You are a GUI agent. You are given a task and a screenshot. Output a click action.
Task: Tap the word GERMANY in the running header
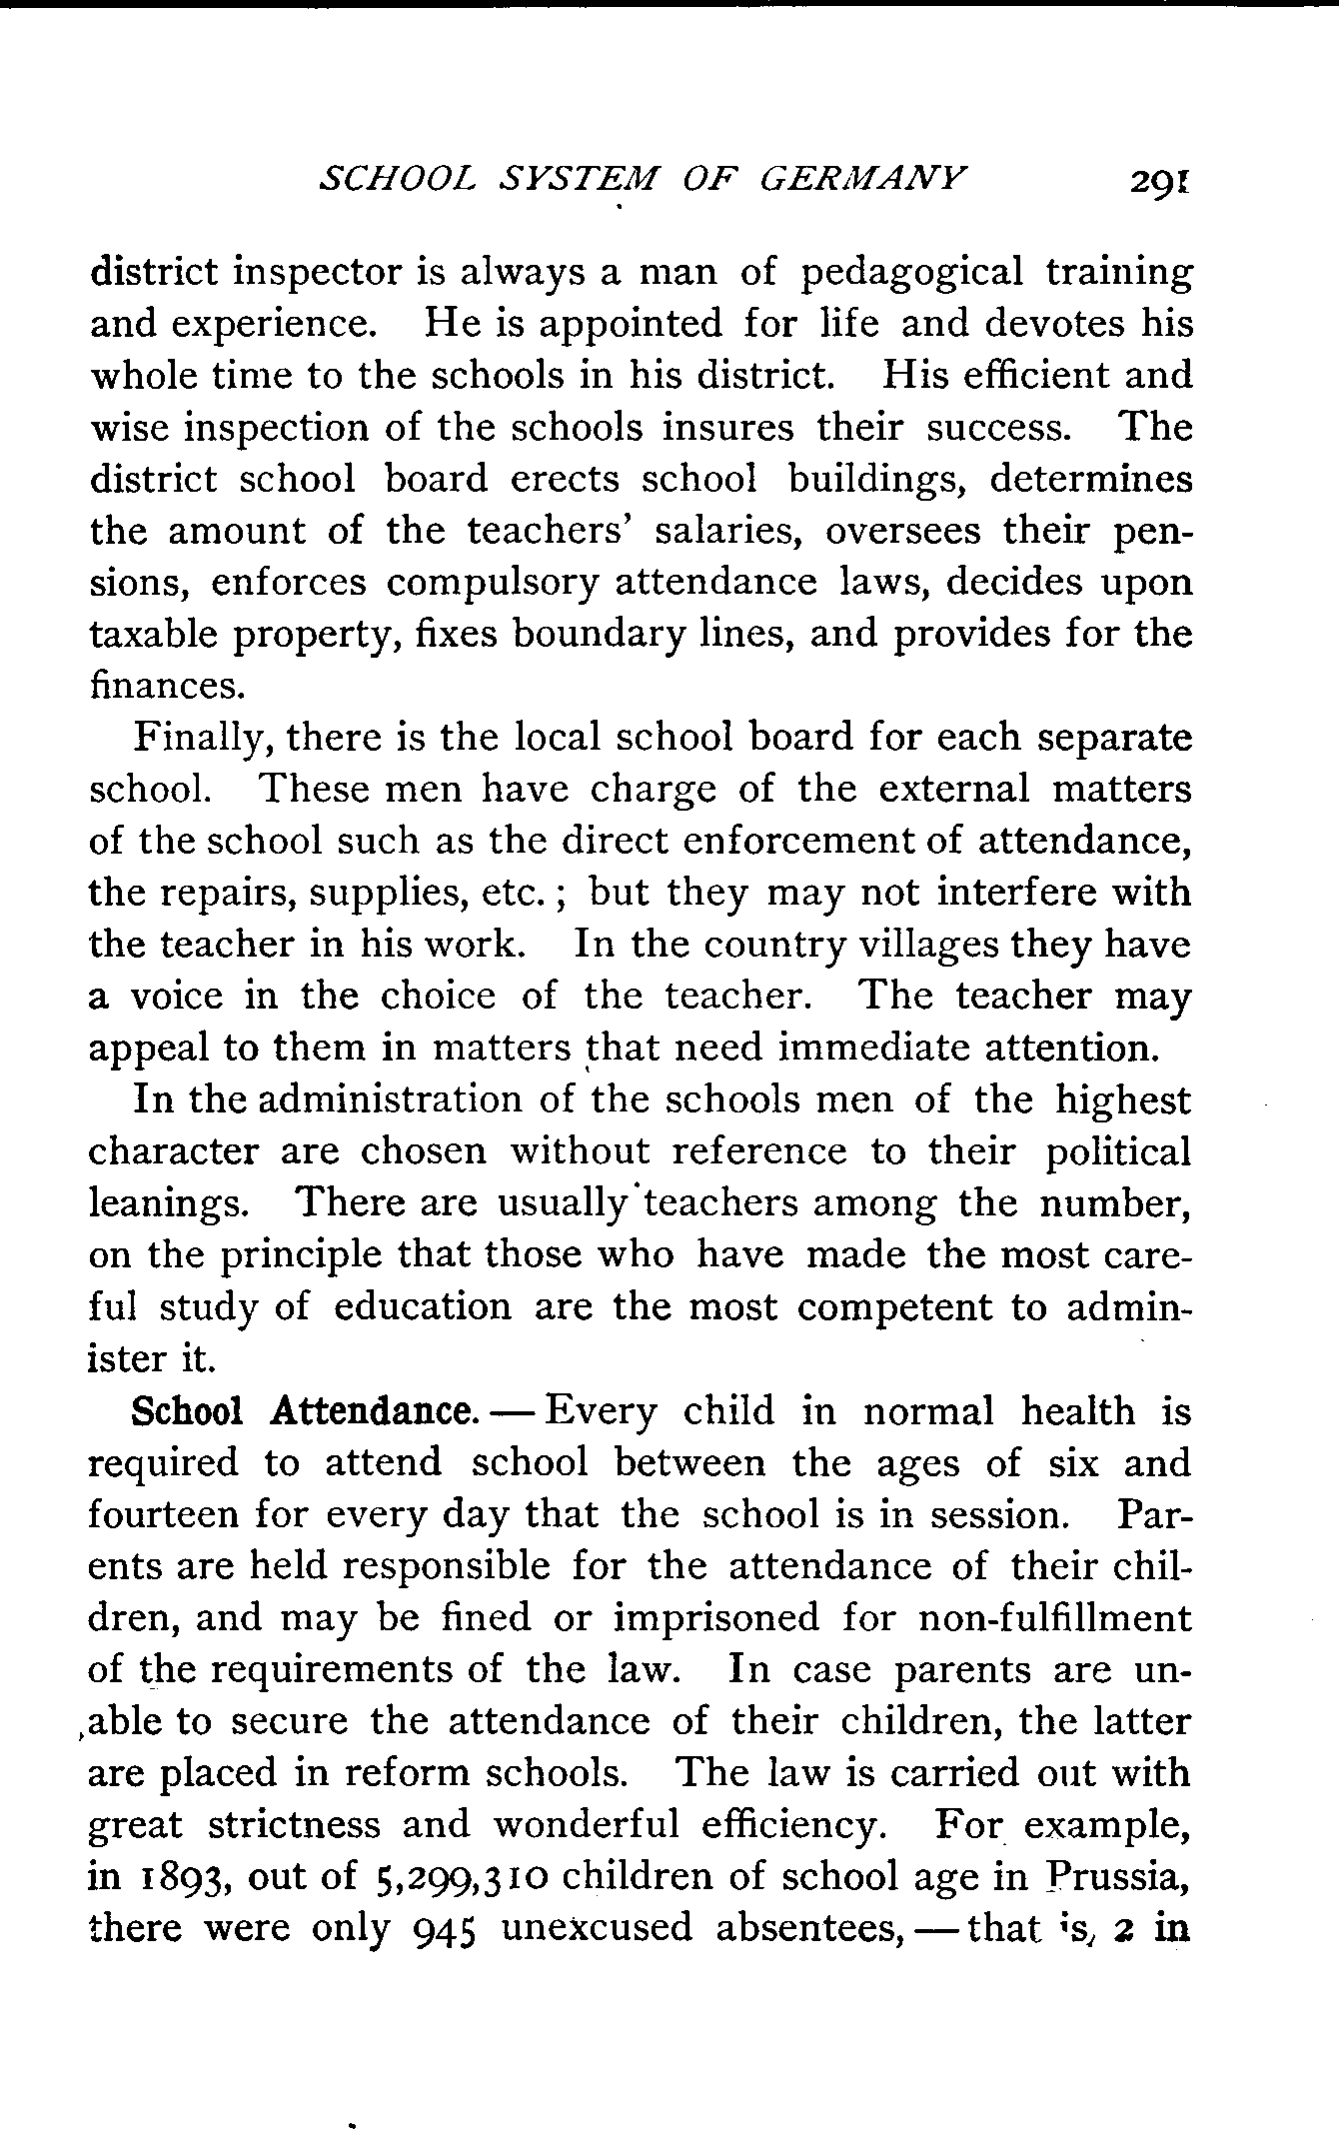pos(863,179)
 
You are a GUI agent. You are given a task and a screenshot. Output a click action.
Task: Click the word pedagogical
pos(912,273)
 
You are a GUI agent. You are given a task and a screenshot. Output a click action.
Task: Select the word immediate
pos(872,1049)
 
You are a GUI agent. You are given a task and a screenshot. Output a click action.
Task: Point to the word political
pos(1118,1151)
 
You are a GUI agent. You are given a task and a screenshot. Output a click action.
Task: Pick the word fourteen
pos(160,1515)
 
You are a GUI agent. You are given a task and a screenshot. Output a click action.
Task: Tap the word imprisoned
pos(715,1618)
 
